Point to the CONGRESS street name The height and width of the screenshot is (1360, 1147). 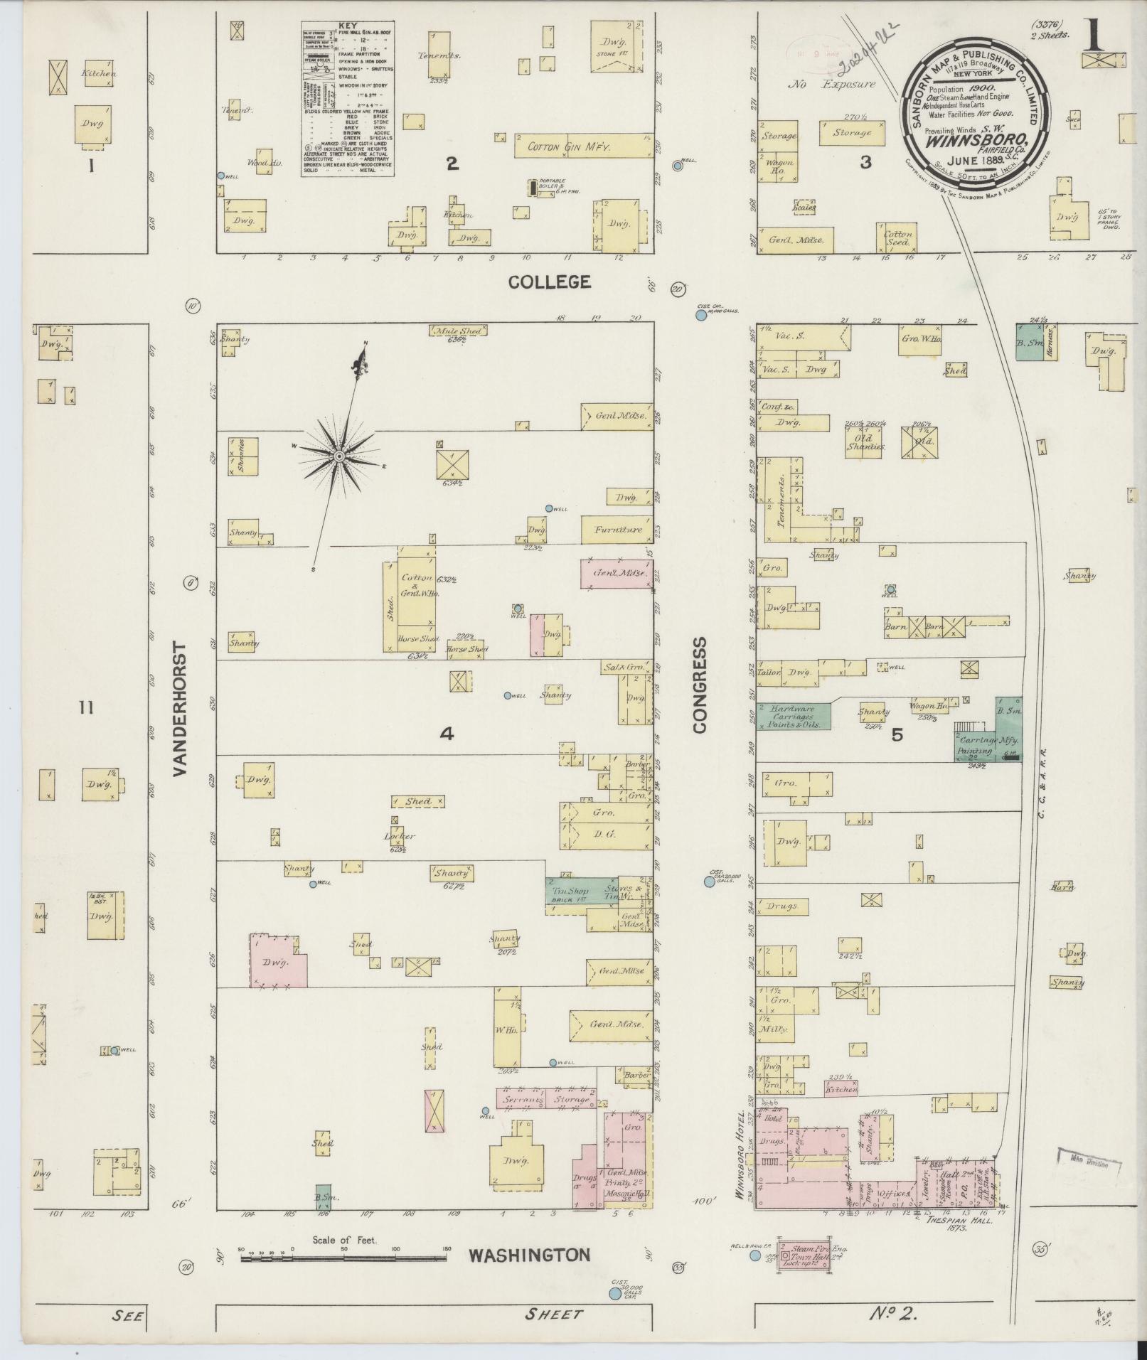pyautogui.click(x=700, y=685)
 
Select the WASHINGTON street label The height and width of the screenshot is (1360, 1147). pyautogui.click(x=529, y=1255)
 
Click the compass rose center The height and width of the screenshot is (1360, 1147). pyautogui.click(x=339, y=455)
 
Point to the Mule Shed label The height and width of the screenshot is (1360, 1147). pyautogui.click(x=458, y=331)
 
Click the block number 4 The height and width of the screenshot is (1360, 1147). pyautogui.click(x=446, y=734)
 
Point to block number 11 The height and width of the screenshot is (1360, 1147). pyautogui.click(x=87, y=707)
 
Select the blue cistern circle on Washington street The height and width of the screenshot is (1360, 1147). pyautogui.click(x=614, y=1294)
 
